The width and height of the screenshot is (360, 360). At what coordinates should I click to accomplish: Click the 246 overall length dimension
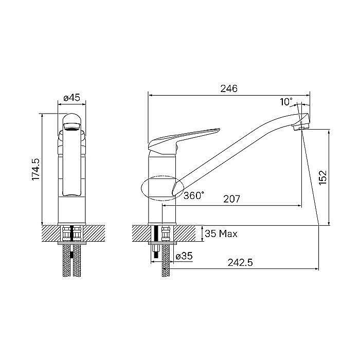[x=229, y=88]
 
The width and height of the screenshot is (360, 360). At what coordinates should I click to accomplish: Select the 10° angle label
[x=286, y=101]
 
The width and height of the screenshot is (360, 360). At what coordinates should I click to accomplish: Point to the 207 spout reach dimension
[x=232, y=199]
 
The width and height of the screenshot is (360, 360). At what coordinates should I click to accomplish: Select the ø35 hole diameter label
[x=184, y=256]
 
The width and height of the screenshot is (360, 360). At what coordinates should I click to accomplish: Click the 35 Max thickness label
[x=221, y=234]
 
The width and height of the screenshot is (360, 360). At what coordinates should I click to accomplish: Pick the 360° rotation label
[x=194, y=195]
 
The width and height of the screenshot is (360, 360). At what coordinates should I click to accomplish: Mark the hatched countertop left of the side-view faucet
[x=141, y=233]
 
